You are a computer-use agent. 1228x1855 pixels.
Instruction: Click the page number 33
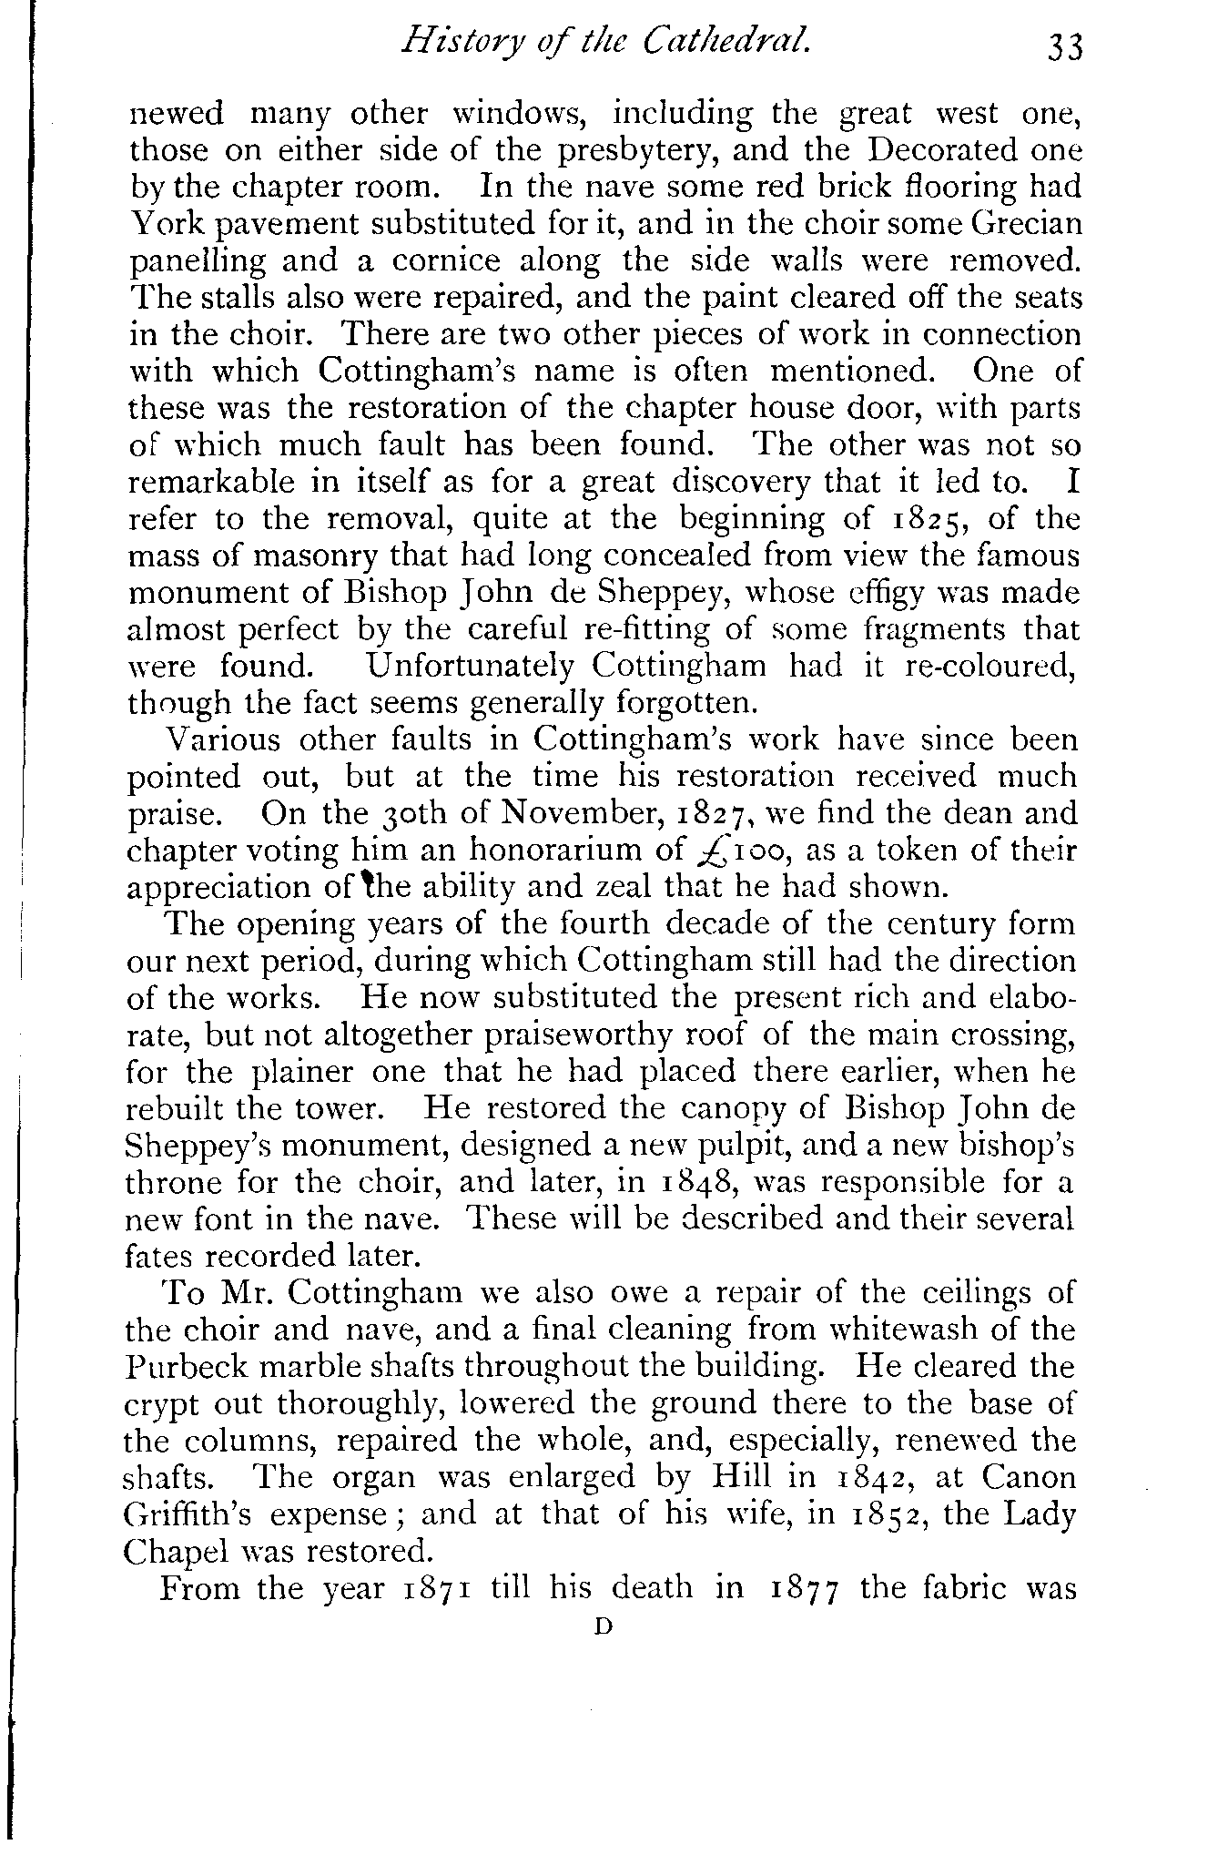point(1063,46)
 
